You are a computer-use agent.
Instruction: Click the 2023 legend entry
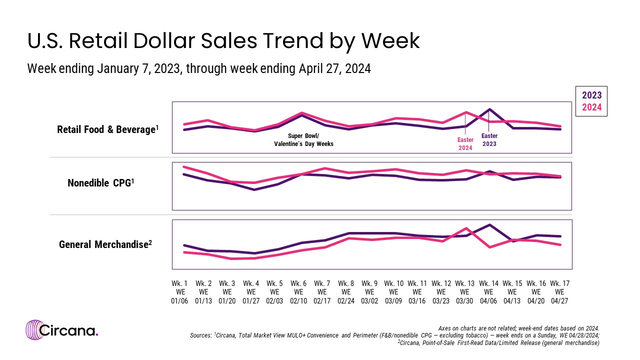tap(591, 95)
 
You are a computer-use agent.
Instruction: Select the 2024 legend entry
tap(591, 107)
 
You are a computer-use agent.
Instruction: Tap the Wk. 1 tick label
tap(179, 291)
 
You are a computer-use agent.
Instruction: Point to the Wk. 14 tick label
tap(488, 291)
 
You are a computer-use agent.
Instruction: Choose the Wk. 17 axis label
tap(559, 291)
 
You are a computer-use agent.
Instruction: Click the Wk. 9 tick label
tap(369, 291)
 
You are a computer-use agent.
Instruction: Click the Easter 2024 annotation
tap(465, 143)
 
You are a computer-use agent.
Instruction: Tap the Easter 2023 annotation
tap(489, 139)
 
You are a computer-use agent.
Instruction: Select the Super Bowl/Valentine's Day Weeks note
tap(303, 139)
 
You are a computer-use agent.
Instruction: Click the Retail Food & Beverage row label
tap(108, 129)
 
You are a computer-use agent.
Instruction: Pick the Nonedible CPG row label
tap(100, 183)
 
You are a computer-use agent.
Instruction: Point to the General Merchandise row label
tap(105, 244)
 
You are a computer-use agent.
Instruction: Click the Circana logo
tap(62, 330)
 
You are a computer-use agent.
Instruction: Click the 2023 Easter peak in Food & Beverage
tap(489, 109)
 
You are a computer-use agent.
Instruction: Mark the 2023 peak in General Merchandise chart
tap(489, 225)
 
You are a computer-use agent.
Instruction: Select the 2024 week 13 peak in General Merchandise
tap(466, 228)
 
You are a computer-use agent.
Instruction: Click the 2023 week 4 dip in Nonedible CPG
tap(254, 189)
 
